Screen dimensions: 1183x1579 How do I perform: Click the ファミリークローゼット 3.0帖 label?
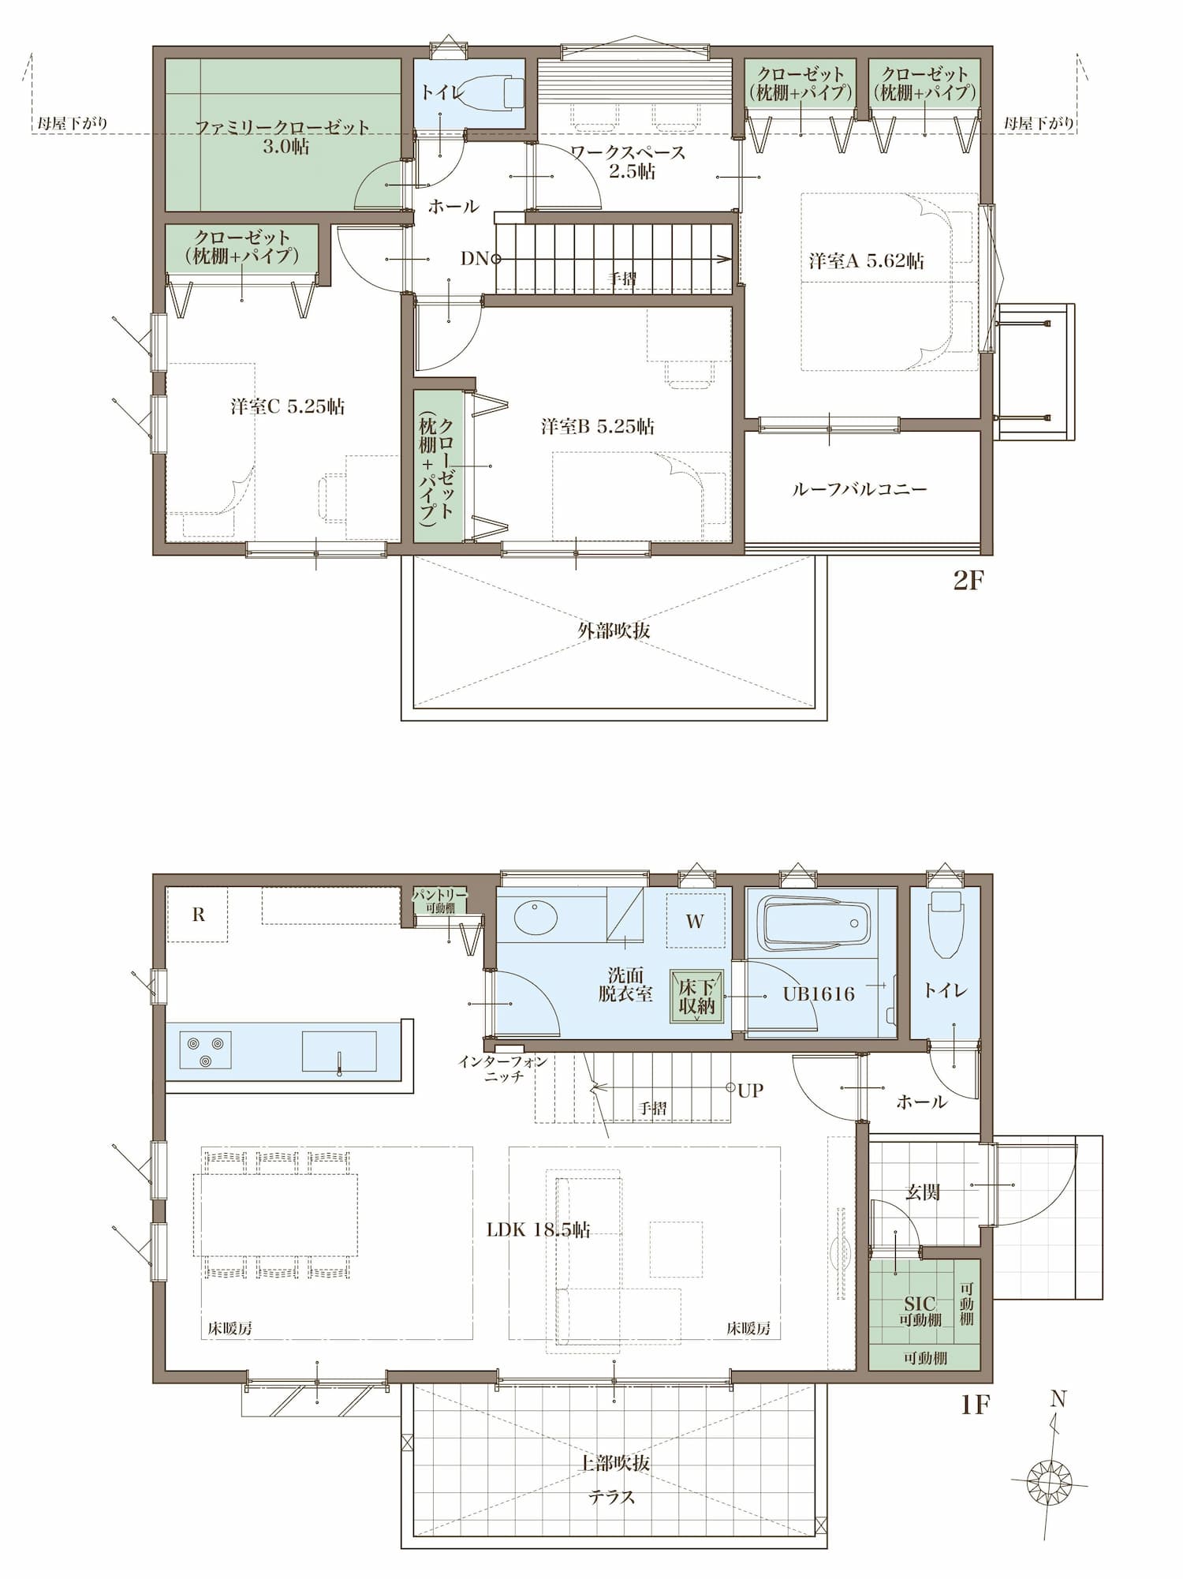click(x=282, y=137)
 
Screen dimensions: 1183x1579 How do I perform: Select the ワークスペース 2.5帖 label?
click(x=629, y=162)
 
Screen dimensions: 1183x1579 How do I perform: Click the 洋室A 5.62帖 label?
click(x=866, y=260)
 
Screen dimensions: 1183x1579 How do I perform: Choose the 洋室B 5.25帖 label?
click(x=598, y=426)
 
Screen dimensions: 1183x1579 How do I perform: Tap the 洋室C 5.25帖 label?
click(x=288, y=406)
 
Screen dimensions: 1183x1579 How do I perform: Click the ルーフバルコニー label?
click(x=860, y=489)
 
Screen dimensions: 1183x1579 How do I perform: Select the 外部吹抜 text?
click(x=614, y=630)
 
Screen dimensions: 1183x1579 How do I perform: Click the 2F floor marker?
click(x=969, y=580)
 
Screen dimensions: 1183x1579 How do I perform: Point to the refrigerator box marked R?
click(x=198, y=914)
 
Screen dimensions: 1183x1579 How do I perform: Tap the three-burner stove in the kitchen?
click(x=206, y=1050)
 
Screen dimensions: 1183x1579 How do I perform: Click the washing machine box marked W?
click(x=695, y=920)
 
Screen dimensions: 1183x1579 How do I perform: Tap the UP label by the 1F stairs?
click(x=751, y=1091)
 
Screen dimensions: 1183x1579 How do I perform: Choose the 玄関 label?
click(x=922, y=1192)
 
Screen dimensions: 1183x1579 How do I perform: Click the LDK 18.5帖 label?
click(x=538, y=1229)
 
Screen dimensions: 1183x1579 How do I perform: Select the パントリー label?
click(x=440, y=895)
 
